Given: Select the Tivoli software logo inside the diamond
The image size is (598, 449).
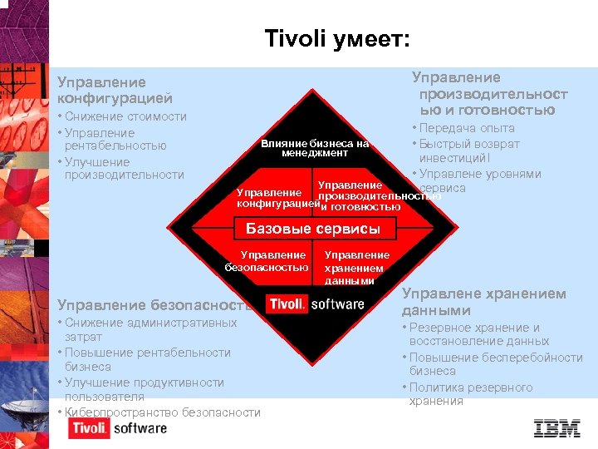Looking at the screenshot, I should click(x=316, y=303).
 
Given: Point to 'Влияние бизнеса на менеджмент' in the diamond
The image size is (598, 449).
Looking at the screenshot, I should click(x=315, y=148).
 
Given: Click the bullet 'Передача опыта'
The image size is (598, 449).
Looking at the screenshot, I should click(x=467, y=128).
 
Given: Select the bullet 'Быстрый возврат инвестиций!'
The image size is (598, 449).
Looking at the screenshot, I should click(x=469, y=150).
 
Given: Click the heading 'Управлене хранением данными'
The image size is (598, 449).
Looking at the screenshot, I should click(x=483, y=302).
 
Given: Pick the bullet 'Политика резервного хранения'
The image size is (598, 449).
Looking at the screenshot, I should click(x=470, y=394).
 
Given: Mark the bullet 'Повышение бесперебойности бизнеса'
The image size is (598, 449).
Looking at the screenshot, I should click(x=495, y=364).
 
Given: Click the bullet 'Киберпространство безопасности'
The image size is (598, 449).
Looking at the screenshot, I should click(x=162, y=412).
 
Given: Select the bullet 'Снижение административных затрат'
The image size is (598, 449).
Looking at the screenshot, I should click(x=149, y=329).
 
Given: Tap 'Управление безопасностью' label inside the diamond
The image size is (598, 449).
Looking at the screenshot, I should click(x=267, y=261).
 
